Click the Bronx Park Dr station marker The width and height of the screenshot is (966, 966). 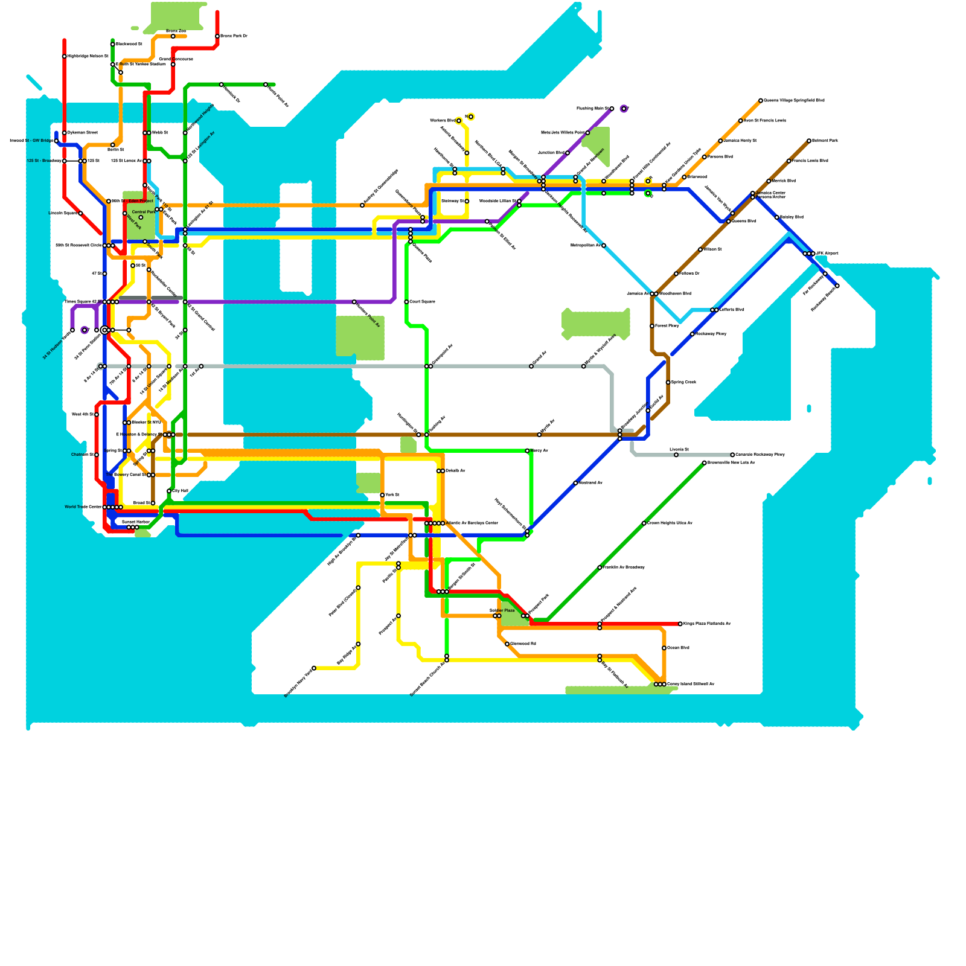point(217,36)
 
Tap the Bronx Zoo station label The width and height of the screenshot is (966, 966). point(176,31)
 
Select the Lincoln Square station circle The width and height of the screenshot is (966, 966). point(80,213)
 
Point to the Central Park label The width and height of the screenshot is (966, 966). point(144,212)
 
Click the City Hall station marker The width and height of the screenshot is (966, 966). point(169,491)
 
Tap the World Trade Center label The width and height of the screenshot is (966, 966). point(83,507)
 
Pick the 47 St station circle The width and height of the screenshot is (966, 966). point(104,273)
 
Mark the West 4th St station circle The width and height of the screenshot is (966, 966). point(97,415)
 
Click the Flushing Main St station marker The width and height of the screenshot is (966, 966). point(612,109)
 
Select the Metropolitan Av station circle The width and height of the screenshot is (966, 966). point(604,246)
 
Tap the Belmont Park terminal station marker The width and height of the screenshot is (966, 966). point(809,141)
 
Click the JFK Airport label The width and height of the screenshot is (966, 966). point(827,253)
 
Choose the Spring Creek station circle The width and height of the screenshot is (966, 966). point(668,382)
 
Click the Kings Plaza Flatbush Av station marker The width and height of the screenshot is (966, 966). point(680,624)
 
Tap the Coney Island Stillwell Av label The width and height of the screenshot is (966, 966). point(691,684)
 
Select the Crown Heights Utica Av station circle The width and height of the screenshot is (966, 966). point(644,523)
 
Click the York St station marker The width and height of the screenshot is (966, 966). point(382,495)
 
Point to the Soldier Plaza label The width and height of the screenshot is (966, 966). point(502,611)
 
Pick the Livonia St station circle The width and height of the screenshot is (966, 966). point(676,455)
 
